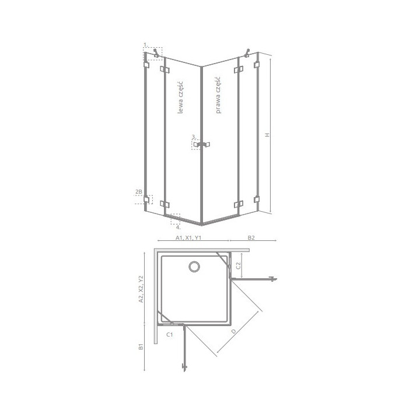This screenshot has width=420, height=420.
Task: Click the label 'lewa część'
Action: point(181,97)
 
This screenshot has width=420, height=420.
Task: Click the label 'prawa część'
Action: point(218,95)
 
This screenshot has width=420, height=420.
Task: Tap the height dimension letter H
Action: point(267,135)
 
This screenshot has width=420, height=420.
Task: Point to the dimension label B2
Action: point(251,237)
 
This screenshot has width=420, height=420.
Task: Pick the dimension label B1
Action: point(141,346)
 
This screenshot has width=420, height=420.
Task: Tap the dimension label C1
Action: point(170,334)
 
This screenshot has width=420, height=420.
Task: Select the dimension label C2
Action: point(238,265)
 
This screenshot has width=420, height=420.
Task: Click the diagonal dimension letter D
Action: point(234,331)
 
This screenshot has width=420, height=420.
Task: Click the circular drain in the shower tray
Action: point(194,267)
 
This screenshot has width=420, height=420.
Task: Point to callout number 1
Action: point(145,44)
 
